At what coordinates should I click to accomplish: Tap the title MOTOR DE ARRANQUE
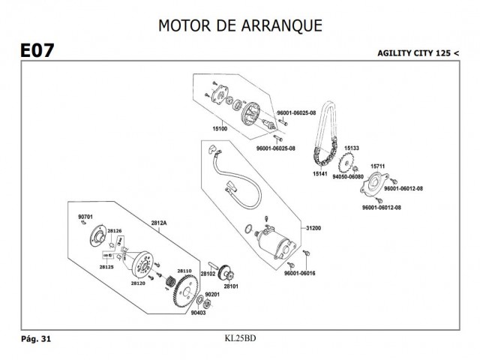click(240, 25)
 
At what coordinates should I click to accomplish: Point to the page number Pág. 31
click(35, 339)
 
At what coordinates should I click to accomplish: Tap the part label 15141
click(320, 174)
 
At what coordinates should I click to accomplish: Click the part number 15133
click(352, 148)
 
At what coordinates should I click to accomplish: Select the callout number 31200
click(313, 227)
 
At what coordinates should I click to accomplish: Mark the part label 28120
click(137, 283)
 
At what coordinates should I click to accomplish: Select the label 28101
click(229, 286)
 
